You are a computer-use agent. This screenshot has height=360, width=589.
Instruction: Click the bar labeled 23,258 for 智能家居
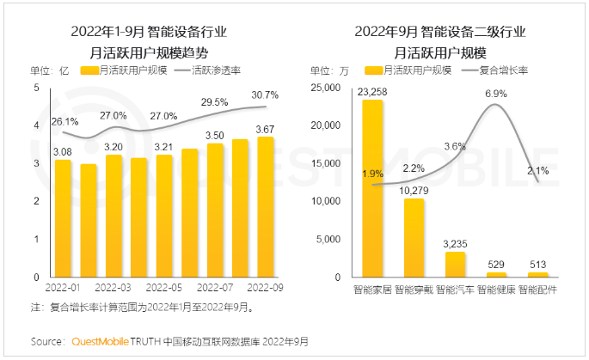(372, 189)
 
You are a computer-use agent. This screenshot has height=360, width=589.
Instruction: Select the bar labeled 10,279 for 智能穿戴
(414, 238)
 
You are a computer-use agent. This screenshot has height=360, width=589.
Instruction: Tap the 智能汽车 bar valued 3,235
(456, 265)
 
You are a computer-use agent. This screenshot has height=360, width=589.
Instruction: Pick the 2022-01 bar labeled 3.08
(63, 218)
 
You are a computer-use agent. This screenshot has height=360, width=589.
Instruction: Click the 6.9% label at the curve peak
(496, 93)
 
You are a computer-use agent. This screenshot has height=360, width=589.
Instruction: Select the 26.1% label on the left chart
(64, 121)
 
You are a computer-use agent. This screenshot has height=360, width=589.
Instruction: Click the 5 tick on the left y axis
(35, 88)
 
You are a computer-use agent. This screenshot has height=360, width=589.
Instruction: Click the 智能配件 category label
(538, 290)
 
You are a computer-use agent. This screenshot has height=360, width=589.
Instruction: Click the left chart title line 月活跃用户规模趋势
(154, 51)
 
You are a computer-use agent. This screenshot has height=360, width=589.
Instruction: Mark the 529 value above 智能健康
(497, 264)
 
